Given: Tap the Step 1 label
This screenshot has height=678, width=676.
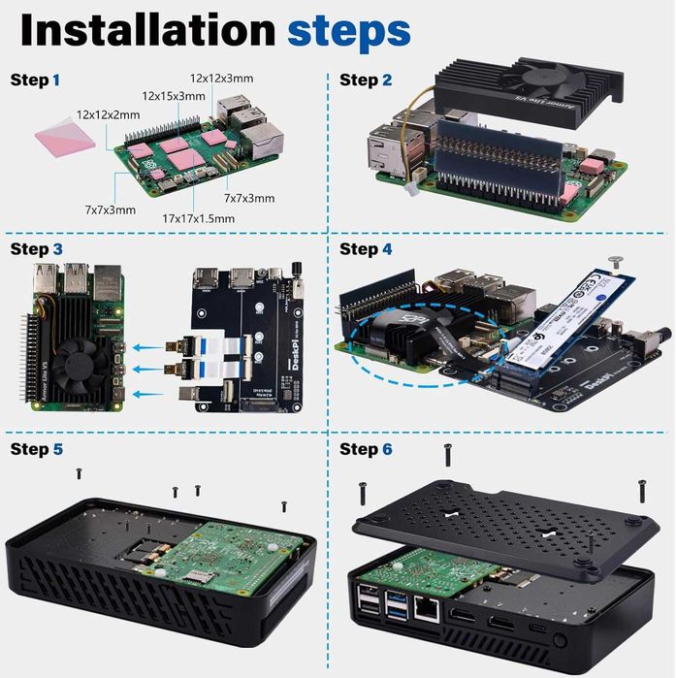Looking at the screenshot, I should tap(35, 80).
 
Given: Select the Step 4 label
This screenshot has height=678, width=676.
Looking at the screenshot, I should tap(366, 249).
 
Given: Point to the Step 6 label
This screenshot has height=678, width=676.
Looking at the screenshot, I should tap(366, 449).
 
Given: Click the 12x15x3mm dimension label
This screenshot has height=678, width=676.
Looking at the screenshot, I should tap(174, 96).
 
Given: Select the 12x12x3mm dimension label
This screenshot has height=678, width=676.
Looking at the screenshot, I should tap(221, 78).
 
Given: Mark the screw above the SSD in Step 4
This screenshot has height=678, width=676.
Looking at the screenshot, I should tap(615, 260).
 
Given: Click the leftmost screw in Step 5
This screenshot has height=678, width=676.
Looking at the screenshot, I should tap(79, 472).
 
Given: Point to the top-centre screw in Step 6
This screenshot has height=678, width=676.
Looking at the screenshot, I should tap(447, 451).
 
